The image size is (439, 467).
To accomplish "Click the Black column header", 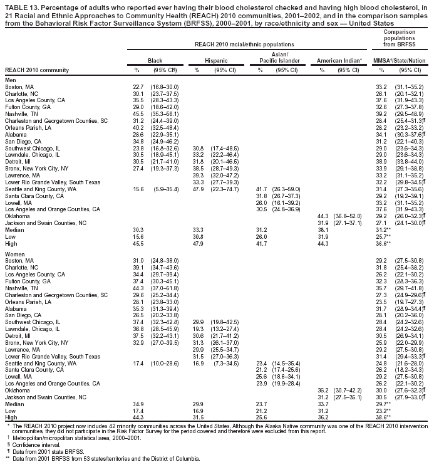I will point(155,60).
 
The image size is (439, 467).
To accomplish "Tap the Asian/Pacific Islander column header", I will point(279,57).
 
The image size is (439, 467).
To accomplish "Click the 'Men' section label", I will point(10,79).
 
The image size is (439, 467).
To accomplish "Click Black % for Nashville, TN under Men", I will point(138,113).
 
